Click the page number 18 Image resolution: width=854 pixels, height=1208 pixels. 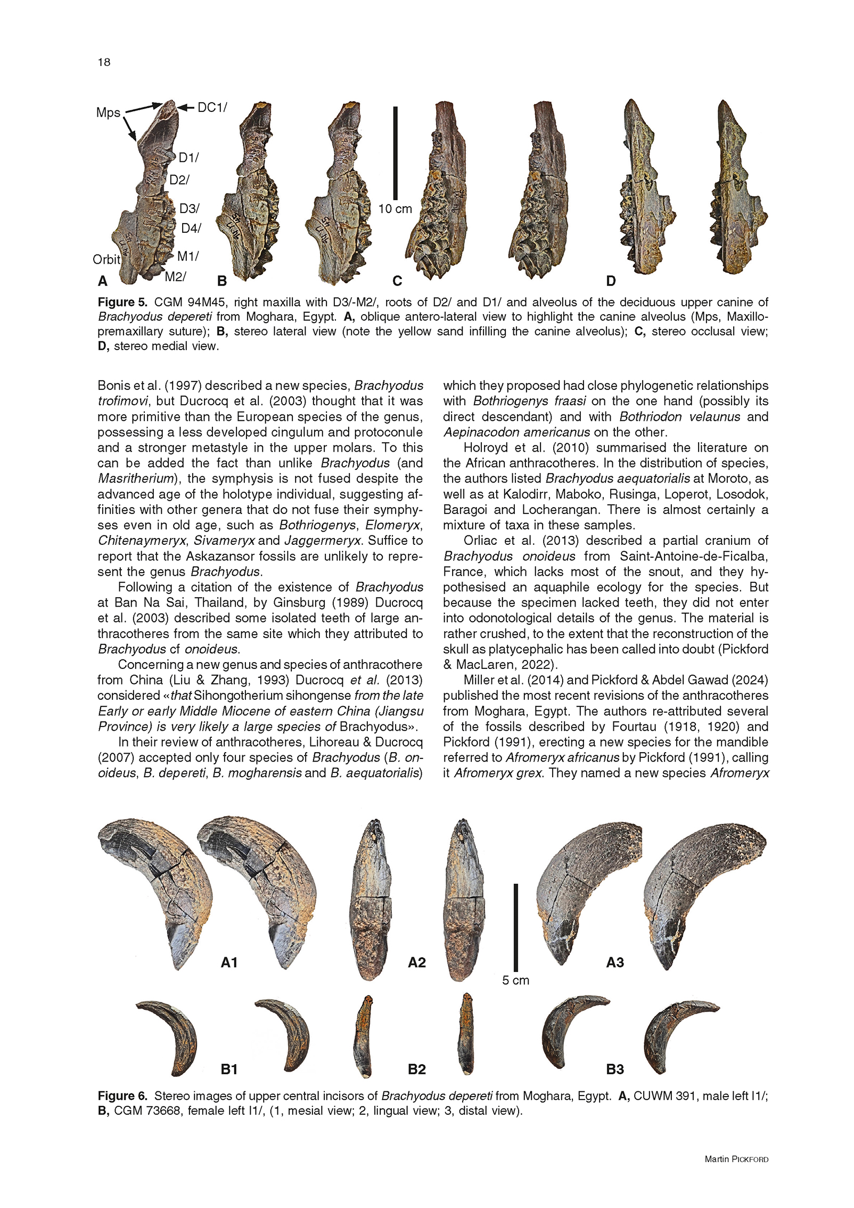point(104,62)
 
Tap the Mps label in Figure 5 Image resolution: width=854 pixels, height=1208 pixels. point(108,112)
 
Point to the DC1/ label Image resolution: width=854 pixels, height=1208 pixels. point(212,108)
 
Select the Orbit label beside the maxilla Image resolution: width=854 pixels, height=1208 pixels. point(106,259)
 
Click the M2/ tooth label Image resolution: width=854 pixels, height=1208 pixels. point(175,276)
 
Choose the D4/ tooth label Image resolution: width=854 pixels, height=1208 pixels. point(191,228)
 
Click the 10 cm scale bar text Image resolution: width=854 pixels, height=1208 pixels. point(395,209)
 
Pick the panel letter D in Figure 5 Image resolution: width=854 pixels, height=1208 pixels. point(611,281)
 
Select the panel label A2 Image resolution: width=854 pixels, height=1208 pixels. point(416,962)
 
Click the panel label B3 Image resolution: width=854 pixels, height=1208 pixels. point(615,1069)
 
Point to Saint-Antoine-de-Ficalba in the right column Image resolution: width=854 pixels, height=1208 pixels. point(694,556)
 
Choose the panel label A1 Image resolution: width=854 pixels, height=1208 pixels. point(229,962)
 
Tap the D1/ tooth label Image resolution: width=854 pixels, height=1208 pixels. point(188,158)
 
